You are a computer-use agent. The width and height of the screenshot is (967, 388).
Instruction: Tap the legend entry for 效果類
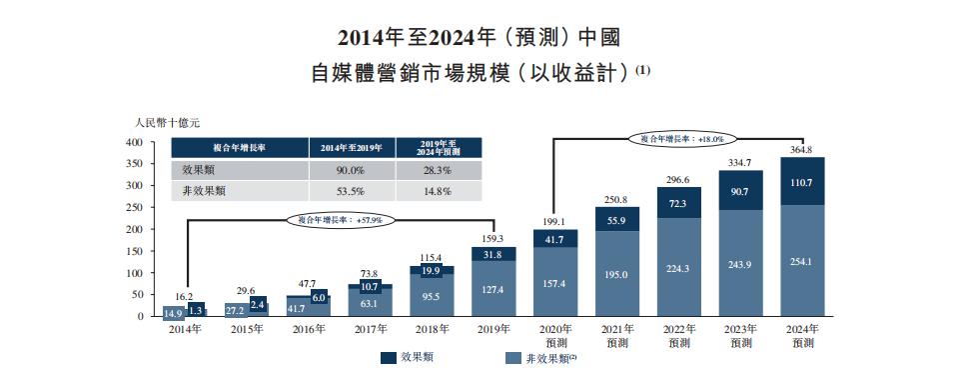406,356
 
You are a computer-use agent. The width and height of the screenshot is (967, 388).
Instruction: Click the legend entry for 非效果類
540,356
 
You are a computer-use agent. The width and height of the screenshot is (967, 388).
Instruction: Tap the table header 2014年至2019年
352,148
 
